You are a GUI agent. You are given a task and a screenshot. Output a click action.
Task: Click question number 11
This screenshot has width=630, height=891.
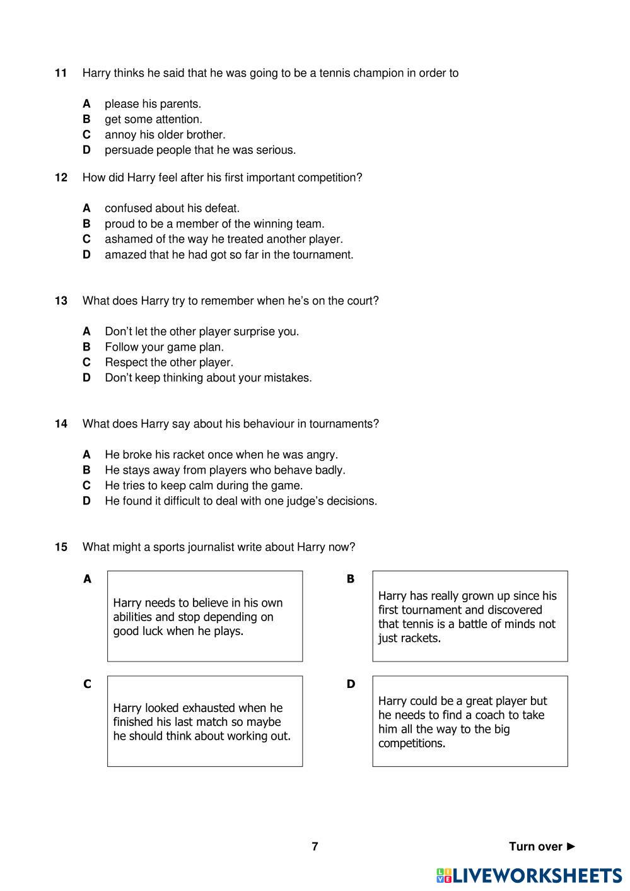point(61,73)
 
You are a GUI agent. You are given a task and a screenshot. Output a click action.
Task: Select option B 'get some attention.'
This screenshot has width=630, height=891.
point(153,119)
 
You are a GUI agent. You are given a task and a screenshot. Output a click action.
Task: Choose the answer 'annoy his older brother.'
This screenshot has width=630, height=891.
point(165,134)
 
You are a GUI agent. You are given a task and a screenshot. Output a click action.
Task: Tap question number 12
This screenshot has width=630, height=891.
point(61,178)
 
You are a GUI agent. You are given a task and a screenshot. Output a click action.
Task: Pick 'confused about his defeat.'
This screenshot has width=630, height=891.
point(172,208)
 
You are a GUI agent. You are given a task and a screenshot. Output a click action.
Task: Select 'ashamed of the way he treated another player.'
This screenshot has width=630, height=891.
point(223,239)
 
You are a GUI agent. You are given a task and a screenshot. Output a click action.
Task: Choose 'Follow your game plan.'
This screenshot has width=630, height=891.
point(164,347)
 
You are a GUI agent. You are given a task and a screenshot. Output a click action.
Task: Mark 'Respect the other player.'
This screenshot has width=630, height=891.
point(168,362)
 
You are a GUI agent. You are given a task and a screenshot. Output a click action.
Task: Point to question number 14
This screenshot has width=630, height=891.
point(61,424)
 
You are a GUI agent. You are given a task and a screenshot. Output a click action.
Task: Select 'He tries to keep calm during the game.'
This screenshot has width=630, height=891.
point(203,486)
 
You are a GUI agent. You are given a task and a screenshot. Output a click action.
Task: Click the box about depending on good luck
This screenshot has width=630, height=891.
point(204,616)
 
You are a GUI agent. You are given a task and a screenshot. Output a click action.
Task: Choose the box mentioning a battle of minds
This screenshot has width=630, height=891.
point(470,616)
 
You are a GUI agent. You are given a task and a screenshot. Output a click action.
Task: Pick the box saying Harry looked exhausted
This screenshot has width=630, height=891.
point(204,721)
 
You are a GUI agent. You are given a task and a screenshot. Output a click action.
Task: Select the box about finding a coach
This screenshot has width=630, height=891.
point(470,721)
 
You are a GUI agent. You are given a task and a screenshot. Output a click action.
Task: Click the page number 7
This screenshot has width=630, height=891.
point(315,846)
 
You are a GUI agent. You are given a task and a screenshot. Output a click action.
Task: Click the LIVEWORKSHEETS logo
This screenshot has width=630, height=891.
point(528,875)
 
